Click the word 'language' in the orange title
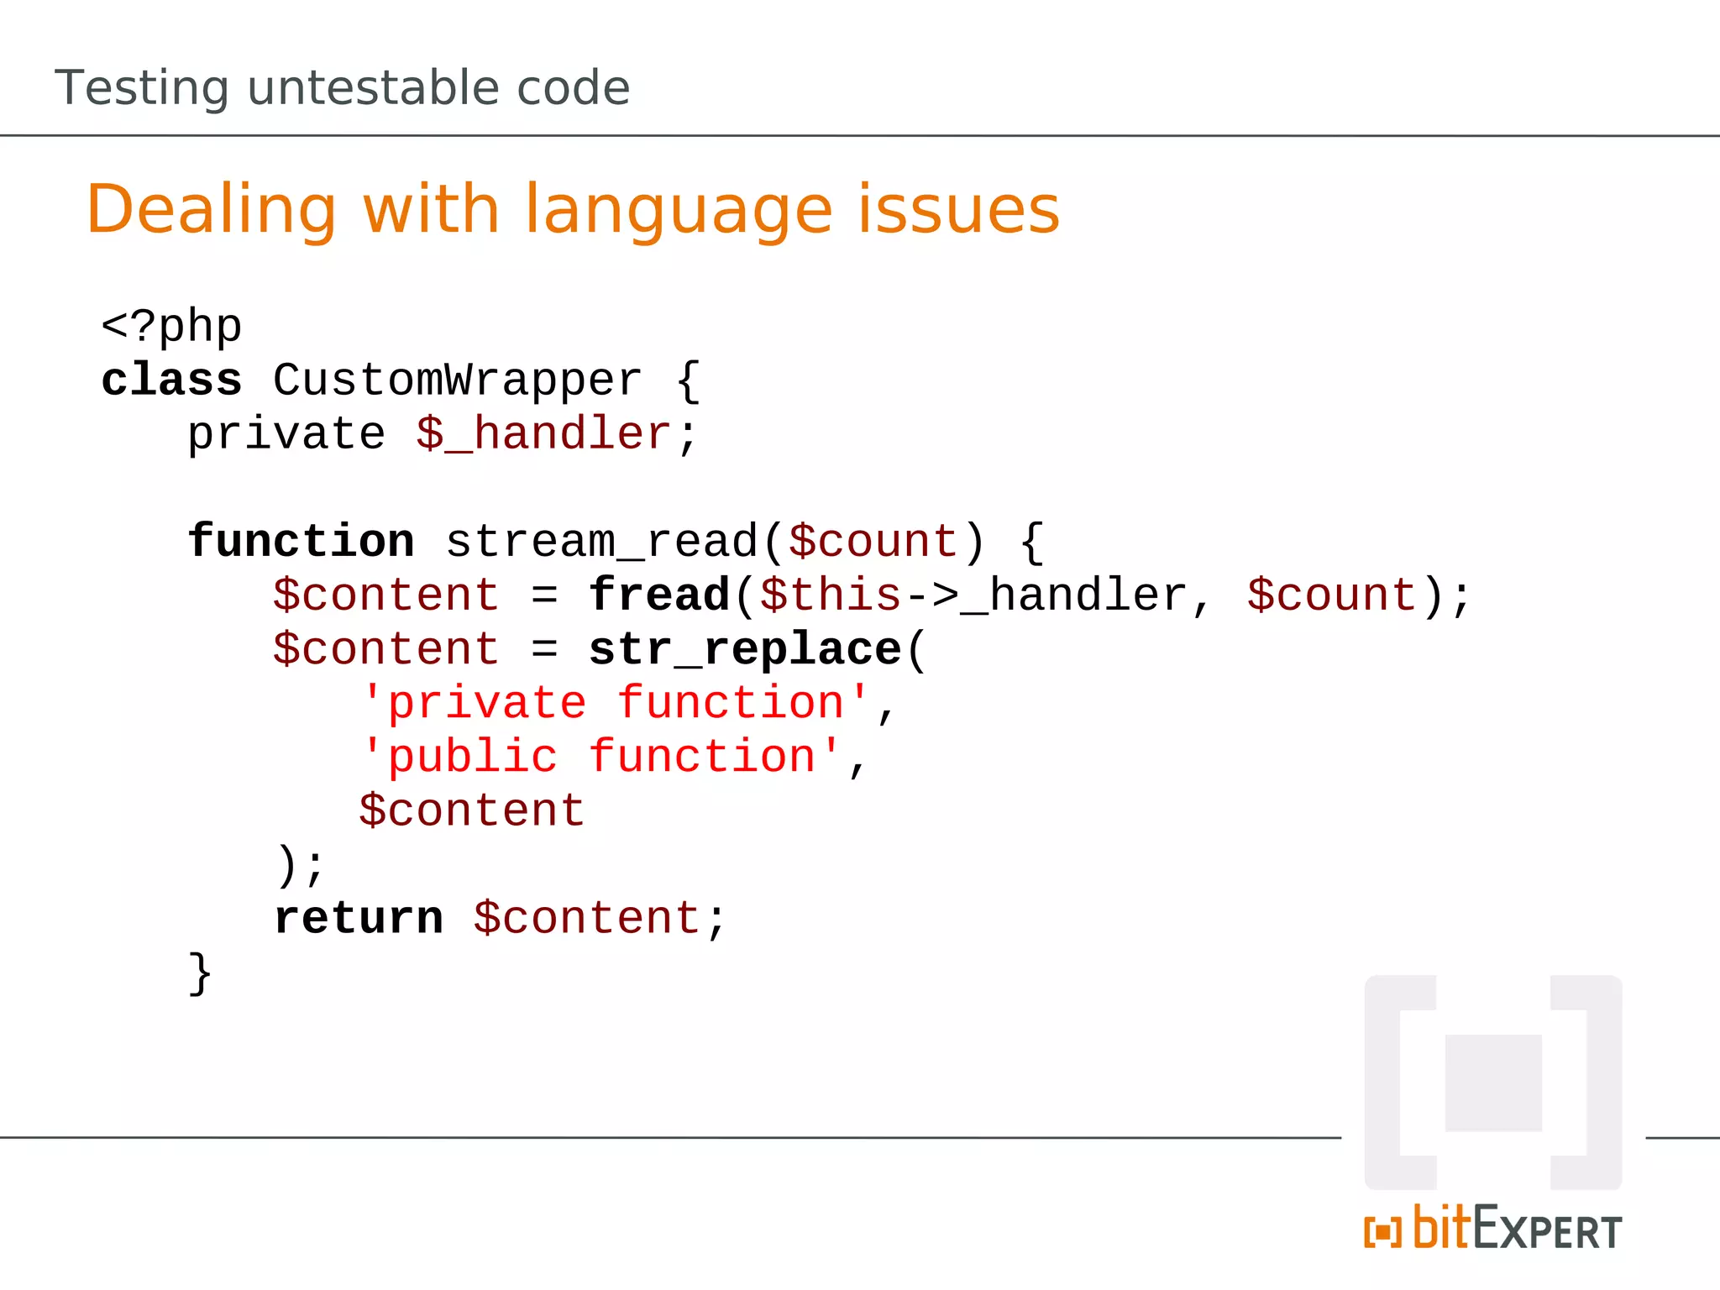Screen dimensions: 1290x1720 (679, 210)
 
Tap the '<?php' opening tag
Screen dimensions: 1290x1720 (171, 327)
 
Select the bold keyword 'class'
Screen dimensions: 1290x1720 (171, 380)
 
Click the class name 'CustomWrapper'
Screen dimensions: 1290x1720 (458, 380)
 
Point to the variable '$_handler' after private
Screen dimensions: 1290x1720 (543, 434)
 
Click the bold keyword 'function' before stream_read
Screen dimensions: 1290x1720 (301, 541)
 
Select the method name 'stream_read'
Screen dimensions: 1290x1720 (602, 542)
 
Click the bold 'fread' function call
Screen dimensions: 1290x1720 (659, 595)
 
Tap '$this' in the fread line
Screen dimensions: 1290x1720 (831, 595)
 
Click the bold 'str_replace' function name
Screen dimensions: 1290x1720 (745, 649)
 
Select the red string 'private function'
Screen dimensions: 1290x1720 (616, 703)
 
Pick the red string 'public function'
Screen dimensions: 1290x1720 (601, 757)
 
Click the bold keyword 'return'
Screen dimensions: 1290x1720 (359, 918)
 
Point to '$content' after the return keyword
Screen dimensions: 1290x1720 (587, 918)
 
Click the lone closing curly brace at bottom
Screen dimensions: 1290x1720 (200, 973)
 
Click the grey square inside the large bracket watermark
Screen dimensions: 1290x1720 (1493, 1083)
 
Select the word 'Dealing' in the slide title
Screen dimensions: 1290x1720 (212, 210)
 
